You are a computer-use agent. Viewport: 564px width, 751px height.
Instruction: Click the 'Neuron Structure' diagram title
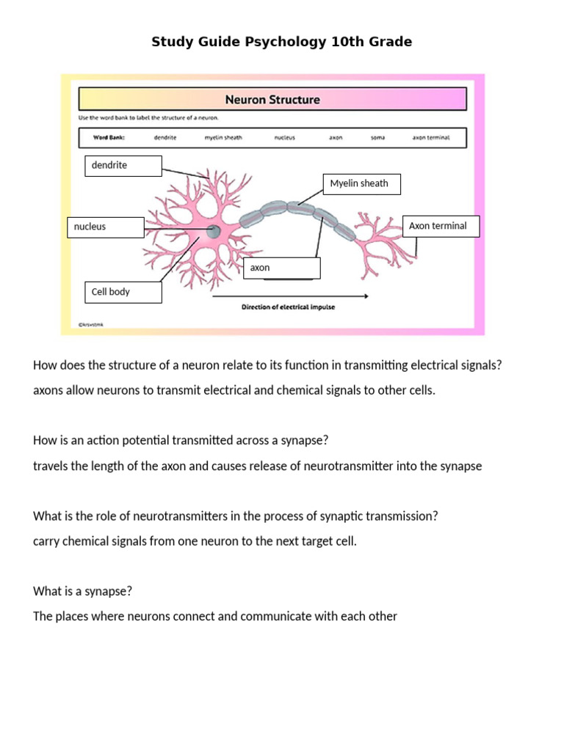coord(272,99)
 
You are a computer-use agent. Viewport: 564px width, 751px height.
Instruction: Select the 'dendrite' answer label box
coord(123,166)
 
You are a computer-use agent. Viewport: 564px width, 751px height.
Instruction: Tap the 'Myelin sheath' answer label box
coord(361,184)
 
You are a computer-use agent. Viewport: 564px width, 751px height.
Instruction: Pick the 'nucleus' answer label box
coord(106,227)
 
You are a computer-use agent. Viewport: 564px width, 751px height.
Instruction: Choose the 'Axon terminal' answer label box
coord(441,227)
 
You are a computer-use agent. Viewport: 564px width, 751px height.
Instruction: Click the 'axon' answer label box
coord(281,268)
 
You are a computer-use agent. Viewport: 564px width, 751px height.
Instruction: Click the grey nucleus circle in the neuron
coord(213,232)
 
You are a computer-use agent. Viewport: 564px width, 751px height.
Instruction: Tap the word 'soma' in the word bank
coord(378,137)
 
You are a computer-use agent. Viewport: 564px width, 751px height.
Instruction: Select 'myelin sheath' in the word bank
coord(223,137)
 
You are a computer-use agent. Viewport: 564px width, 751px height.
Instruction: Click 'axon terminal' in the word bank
coord(430,137)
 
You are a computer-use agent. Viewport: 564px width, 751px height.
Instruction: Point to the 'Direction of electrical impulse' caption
coord(289,307)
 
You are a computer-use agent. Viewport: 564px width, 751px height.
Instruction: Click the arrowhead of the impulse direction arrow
coord(365,296)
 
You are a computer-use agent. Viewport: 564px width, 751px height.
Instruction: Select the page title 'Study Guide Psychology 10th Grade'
coord(281,42)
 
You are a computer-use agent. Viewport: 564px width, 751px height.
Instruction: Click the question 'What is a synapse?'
coord(82,591)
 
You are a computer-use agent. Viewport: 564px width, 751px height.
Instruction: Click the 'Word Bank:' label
coord(109,137)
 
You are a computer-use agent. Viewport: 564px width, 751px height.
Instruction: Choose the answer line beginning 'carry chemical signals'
coord(195,541)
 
